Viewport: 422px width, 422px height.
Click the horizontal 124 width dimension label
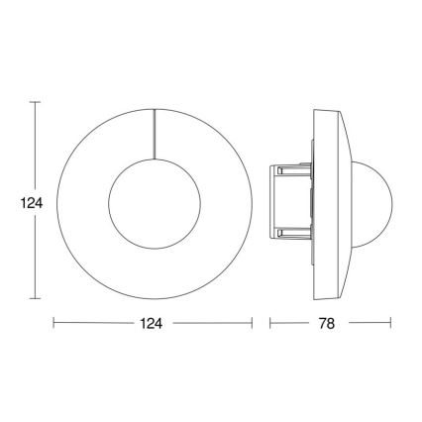pos(152,323)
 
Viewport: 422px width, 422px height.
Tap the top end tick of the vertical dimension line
pos(36,101)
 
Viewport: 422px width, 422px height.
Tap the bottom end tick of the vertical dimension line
pos(36,298)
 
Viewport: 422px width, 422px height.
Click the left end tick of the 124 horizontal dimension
pos(53,323)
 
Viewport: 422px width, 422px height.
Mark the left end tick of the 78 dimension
pos(268,323)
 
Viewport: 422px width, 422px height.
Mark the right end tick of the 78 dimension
pos(392,323)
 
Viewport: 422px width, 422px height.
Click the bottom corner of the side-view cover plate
pos(317,296)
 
